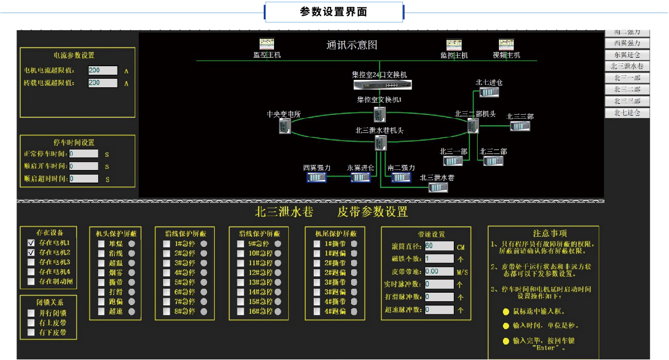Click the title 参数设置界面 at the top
click(x=333, y=12)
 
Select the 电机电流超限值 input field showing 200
click(x=103, y=71)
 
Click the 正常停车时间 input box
click(x=83, y=153)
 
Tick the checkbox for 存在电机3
click(x=31, y=262)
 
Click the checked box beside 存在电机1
click(x=31, y=242)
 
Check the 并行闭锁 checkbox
click(x=31, y=313)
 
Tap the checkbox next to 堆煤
click(x=101, y=244)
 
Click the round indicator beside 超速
click(x=132, y=312)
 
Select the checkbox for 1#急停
click(x=167, y=244)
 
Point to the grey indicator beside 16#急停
click(x=278, y=312)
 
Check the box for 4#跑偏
click(x=317, y=312)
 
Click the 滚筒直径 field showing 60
click(x=439, y=246)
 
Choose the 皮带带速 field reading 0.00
click(x=439, y=271)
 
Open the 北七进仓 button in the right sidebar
click(x=627, y=113)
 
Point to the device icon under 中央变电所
click(x=284, y=127)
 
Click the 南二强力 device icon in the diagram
click(x=401, y=177)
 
